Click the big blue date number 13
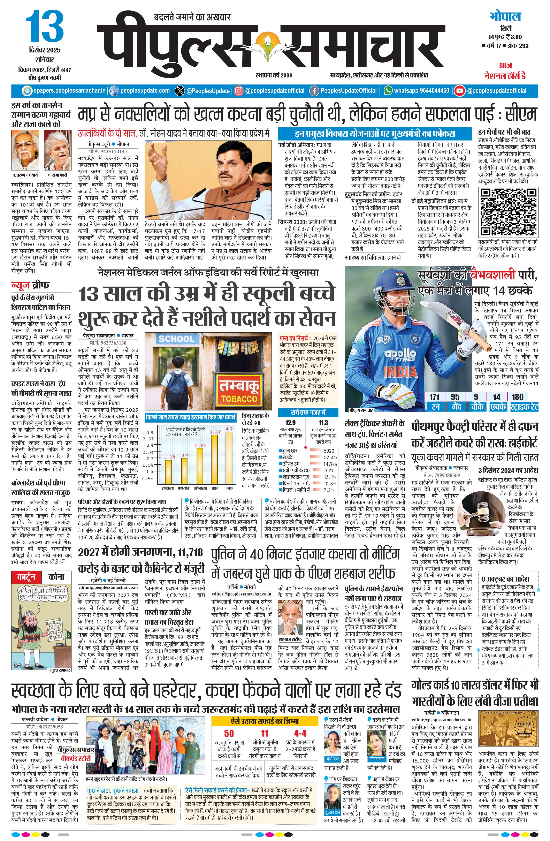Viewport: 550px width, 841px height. coord(45,26)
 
